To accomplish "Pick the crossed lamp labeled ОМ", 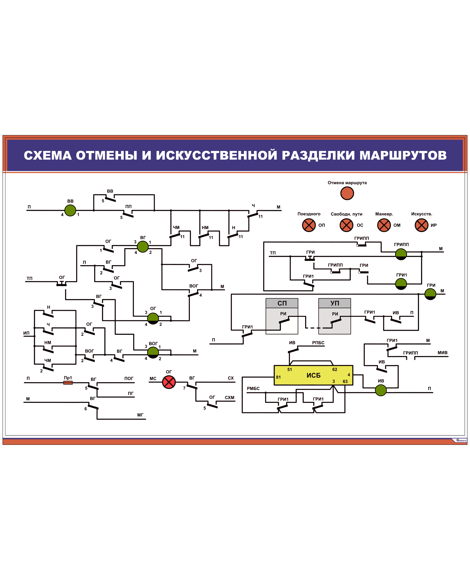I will (x=384, y=225).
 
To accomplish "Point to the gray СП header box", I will (x=282, y=303).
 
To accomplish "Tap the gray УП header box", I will (x=335, y=303).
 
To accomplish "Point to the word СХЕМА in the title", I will (x=48, y=155).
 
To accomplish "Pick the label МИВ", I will (x=442, y=353).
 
